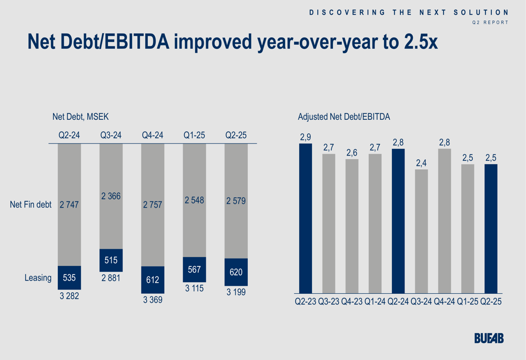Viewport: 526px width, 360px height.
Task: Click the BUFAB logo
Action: [489, 338]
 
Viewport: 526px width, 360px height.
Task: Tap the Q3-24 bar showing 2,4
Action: [421, 231]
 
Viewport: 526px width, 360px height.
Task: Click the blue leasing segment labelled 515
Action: [111, 260]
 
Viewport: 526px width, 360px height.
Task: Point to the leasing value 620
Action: [236, 272]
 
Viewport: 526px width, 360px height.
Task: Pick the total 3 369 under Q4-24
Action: [153, 300]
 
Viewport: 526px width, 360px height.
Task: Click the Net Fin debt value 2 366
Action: [111, 196]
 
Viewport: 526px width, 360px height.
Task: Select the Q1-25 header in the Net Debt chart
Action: [194, 135]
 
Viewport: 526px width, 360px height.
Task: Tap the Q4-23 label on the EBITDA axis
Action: [351, 303]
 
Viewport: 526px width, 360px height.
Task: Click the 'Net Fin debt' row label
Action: [31, 204]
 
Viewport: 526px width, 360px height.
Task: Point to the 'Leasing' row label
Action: [38, 277]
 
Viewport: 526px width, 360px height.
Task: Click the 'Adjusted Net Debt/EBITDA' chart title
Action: [344, 117]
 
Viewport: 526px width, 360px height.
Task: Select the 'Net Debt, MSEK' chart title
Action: [80, 117]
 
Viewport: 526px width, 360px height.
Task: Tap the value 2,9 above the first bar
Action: [306, 137]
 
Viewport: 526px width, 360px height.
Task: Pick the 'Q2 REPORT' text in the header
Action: [490, 22]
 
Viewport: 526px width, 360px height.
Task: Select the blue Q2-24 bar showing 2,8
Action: [398, 221]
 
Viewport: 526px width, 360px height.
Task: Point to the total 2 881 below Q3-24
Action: [111, 278]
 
